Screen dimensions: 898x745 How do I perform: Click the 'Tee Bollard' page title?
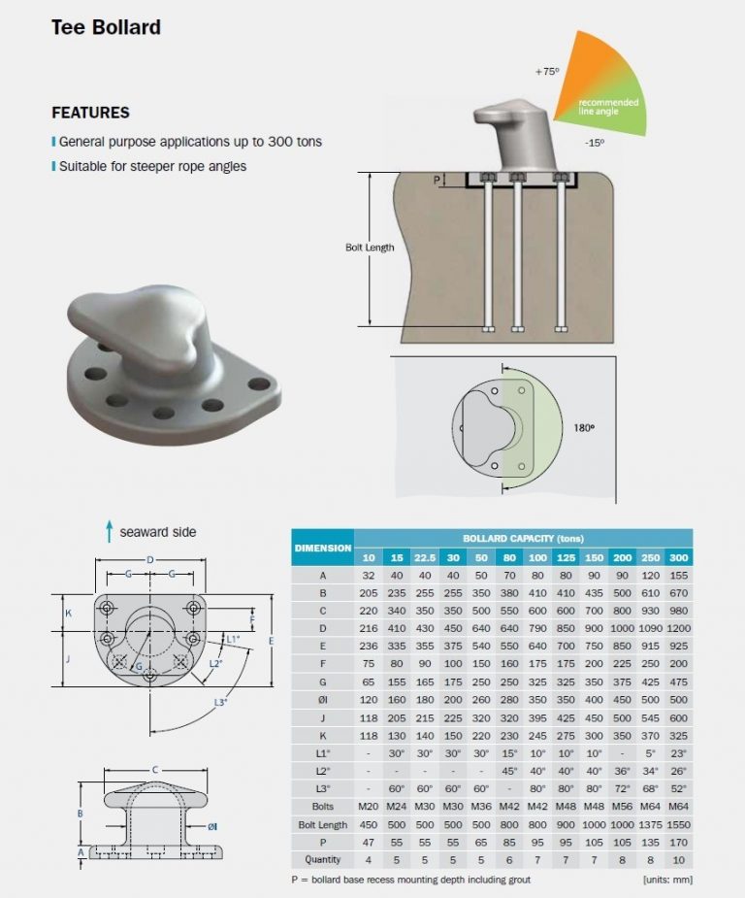106,27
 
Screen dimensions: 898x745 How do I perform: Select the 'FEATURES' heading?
90,113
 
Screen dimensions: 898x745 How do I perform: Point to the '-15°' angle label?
595,143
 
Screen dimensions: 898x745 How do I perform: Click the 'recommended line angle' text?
608,106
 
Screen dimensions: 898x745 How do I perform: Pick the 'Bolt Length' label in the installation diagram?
370,248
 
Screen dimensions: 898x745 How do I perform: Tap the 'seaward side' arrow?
110,531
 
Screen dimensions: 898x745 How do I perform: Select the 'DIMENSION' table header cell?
322,548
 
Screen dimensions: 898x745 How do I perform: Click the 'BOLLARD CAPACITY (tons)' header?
523,538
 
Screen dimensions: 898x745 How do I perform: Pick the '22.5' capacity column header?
425,557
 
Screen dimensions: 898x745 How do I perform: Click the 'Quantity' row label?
322,859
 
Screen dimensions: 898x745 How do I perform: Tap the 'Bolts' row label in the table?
322,806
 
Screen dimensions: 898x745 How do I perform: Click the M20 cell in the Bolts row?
369,806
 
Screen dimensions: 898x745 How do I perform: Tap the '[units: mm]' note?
667,880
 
